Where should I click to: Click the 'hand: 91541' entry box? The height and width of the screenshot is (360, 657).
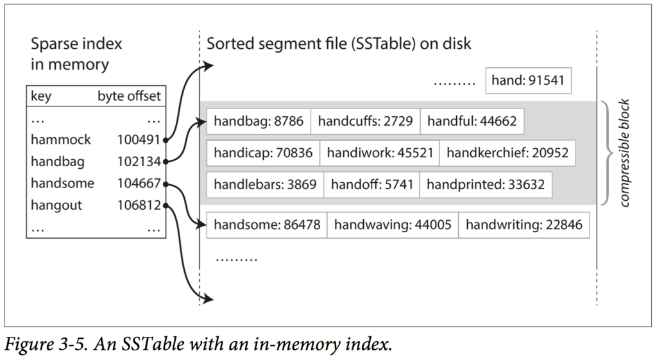529,80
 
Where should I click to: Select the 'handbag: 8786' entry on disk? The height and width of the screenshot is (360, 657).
259,121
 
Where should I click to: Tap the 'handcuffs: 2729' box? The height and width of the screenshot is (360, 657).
365,121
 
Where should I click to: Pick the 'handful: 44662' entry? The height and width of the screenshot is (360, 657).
472,121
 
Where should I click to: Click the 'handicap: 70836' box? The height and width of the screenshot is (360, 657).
263,153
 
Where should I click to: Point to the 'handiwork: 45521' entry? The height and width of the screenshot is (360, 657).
380,153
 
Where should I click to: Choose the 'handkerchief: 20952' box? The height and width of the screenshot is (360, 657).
508,153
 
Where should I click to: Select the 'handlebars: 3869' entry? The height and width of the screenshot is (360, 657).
265,184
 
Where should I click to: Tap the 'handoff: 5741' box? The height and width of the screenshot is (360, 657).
371,184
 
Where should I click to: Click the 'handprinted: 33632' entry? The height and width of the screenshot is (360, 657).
486,184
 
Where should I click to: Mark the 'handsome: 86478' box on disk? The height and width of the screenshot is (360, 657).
267,225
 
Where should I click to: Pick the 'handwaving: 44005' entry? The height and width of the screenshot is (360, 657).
393,225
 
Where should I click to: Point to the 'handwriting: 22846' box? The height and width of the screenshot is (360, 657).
524,225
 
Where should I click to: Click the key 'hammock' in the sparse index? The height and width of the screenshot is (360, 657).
61,139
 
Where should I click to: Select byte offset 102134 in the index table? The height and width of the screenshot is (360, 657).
139,161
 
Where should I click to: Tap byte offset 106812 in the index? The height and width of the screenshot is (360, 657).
139,205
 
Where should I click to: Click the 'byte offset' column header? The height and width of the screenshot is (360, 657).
129,96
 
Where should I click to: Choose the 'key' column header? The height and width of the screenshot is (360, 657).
41,96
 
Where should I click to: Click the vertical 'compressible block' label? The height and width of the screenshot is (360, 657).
624,153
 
